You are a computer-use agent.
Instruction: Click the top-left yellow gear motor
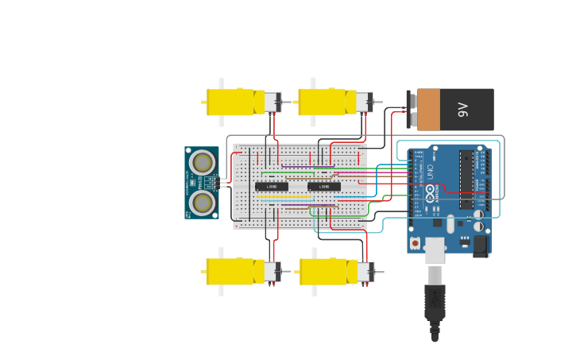coord(230,102)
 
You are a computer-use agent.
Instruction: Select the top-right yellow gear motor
coord(323,102)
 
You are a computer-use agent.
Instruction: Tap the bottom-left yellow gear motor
coord(230,271)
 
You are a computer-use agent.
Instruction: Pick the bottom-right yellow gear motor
coord(323,271)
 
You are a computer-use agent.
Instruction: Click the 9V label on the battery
coord(464,110)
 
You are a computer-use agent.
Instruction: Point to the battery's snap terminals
coord(412,110)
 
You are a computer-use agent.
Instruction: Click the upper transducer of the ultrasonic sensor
coord(203,162)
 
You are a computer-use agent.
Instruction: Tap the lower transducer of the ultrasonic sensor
coord(203,202)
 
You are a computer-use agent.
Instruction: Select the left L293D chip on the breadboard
coord(272,187)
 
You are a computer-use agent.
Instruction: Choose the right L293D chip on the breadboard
coord(324,187)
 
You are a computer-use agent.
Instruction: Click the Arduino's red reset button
coord(415,242)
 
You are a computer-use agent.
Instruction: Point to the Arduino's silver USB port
coord(435,250)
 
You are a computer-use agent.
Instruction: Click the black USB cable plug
coord(435,300)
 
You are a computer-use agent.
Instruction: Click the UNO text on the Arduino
coord(431,171)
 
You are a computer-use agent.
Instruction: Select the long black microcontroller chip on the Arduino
coord(466,180)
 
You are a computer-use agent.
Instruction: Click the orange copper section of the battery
coord(428,110)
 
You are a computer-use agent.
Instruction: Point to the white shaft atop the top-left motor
coord(221,83)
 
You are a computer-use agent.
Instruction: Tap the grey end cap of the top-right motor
coord(363,102)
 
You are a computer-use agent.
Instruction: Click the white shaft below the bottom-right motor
coord(314,291)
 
